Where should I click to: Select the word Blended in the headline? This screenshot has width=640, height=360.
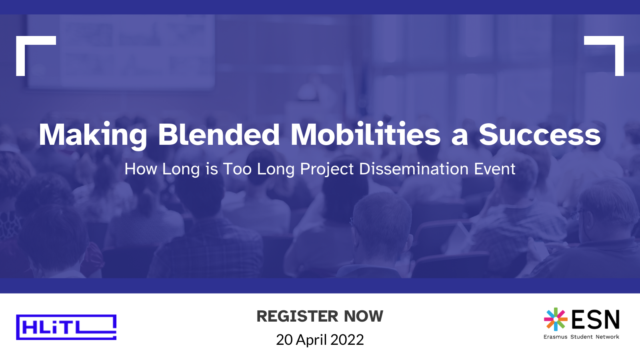coord(219,134)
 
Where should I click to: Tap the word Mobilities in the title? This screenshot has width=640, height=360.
coord(366,134)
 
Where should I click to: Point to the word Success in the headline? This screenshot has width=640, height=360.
coord(540,135)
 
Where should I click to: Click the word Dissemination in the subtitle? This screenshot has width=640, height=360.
coord(414,169)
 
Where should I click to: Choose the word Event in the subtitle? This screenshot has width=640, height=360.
coord(494,169)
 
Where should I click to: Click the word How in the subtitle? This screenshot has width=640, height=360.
coord(140,169)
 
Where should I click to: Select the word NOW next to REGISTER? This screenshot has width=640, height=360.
coord(364,316)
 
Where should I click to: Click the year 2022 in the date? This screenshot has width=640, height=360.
coord(347,340)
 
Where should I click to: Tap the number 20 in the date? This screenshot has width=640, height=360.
coord(284,340)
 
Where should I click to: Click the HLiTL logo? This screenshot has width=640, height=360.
coord(66,327)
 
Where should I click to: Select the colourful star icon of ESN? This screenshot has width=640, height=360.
coord(556,319)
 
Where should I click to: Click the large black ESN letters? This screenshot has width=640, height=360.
coord(596,320)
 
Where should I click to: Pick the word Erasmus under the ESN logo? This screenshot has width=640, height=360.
coord(555,337)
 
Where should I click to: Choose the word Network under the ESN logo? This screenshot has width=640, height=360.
coord(607,337)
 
